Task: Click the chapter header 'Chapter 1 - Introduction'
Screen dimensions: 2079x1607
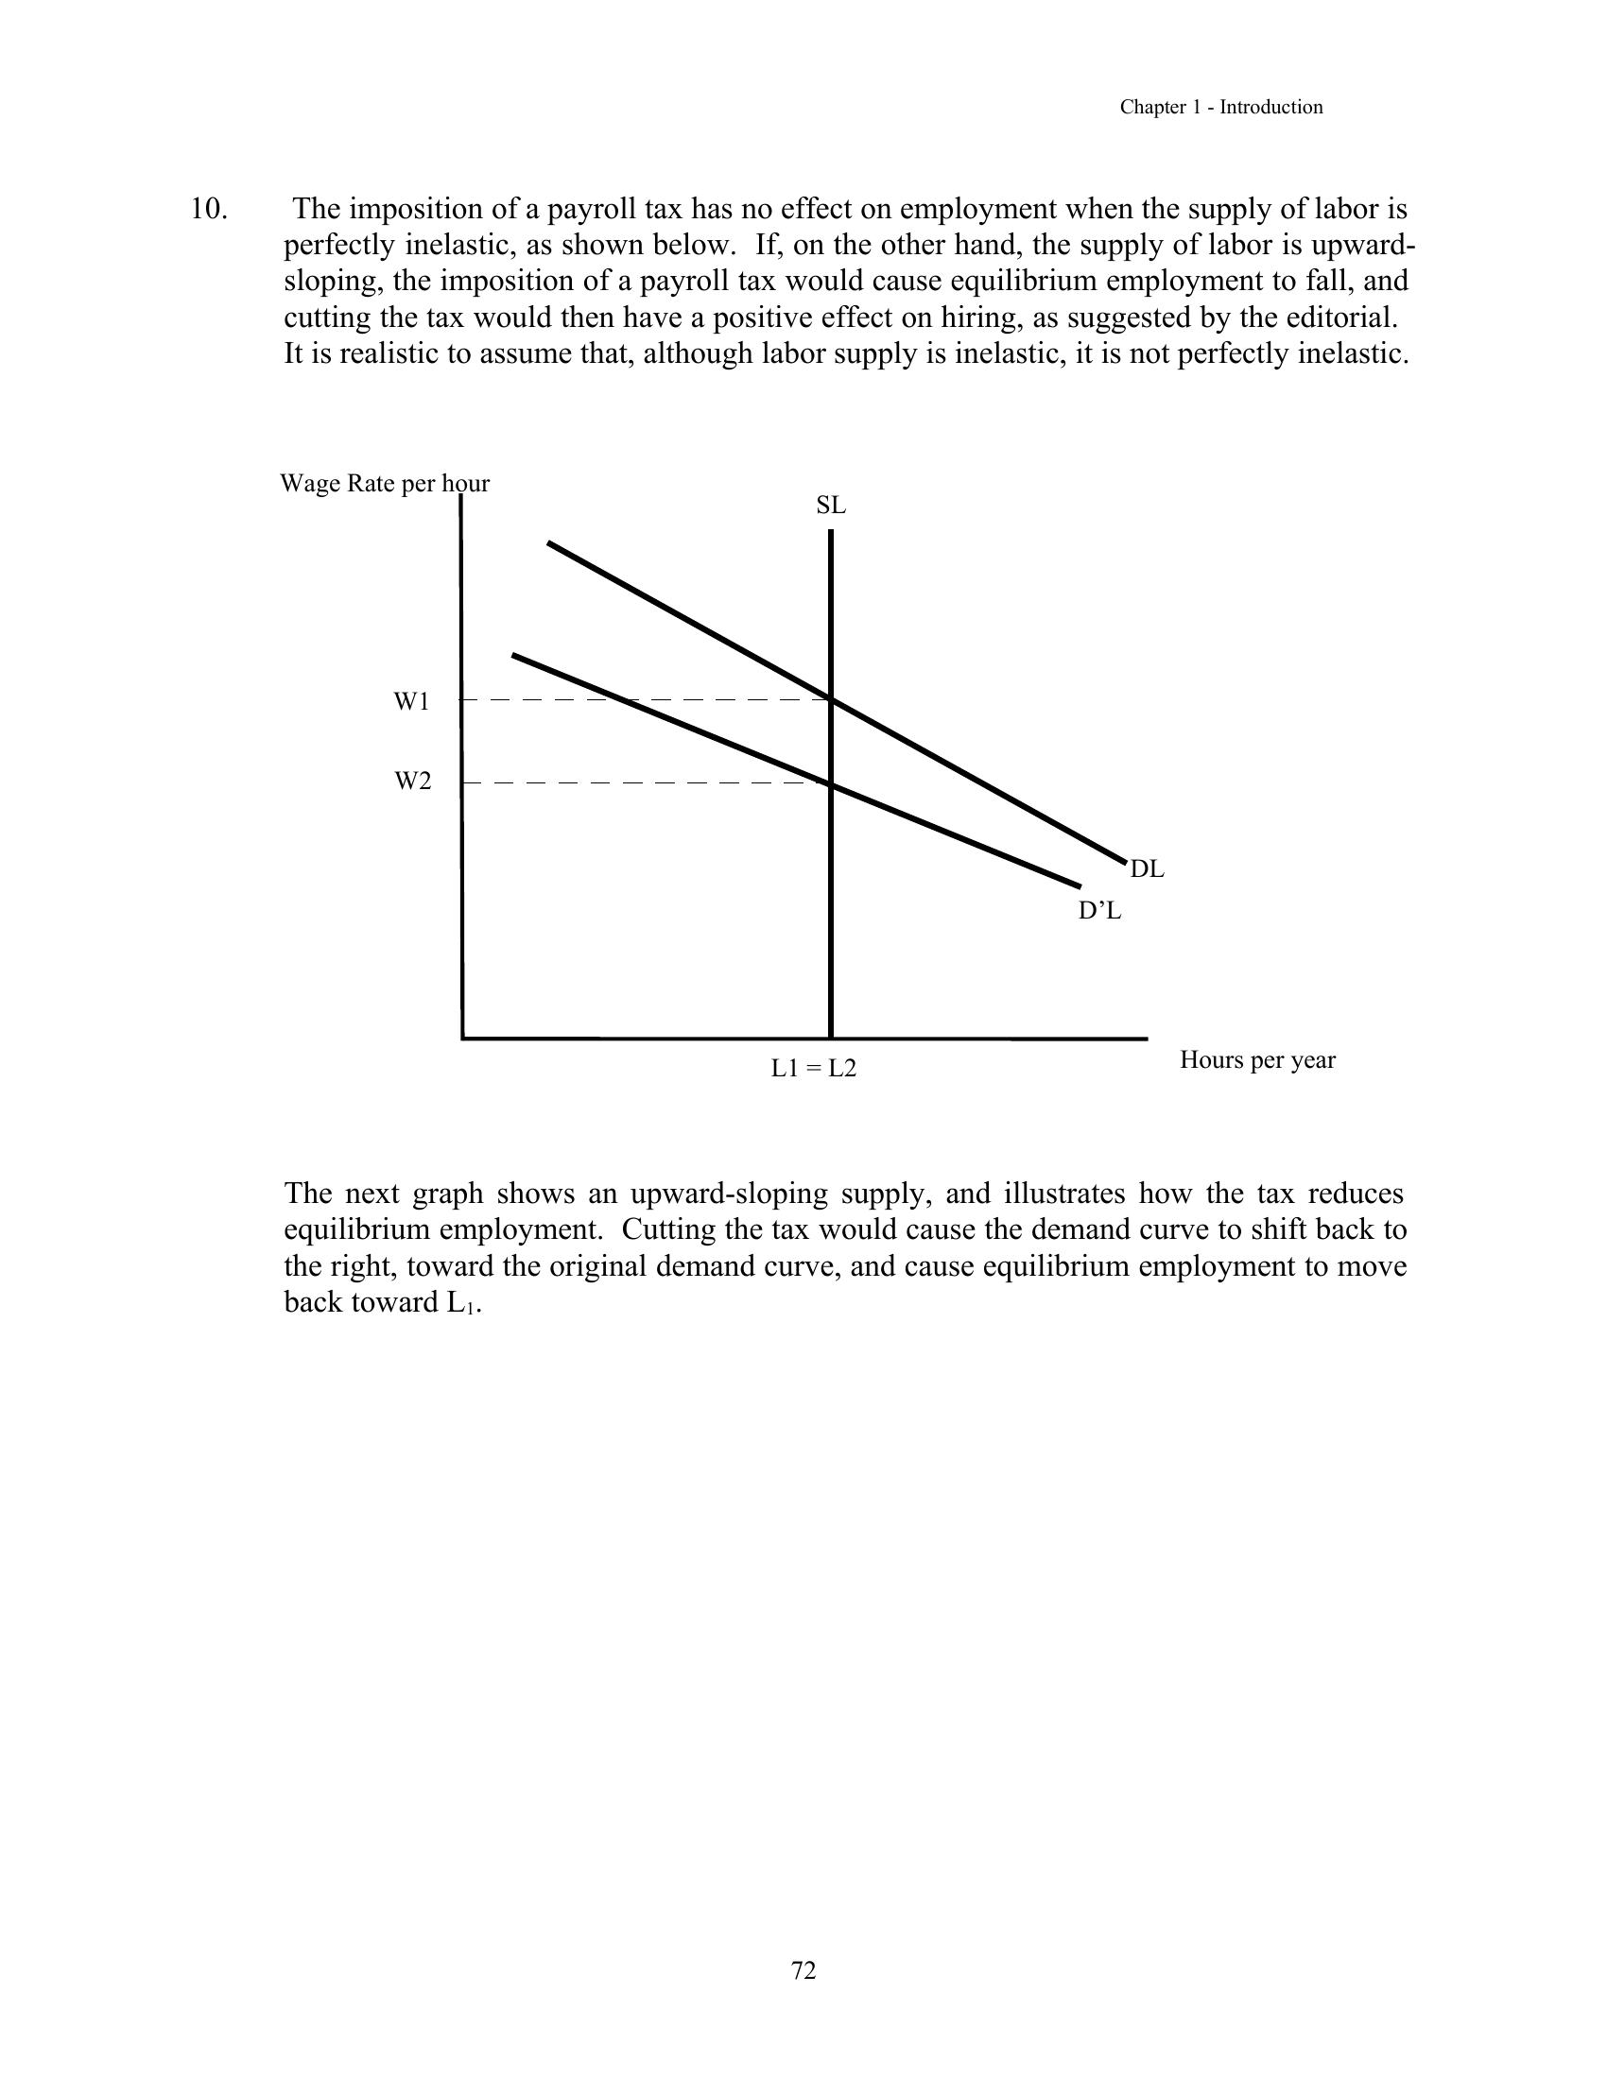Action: coord(1220,108)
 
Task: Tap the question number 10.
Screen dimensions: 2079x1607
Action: coord(209,209)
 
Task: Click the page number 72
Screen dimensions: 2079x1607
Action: coord(803,1969)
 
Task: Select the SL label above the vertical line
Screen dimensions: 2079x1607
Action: coord(831,506)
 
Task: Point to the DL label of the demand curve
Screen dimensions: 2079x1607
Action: coord(1148,869)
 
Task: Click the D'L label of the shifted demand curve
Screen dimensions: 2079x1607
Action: coord(1099,911)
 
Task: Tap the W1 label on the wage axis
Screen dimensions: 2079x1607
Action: coord(412,702)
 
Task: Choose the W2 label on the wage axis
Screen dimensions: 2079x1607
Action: coord(413,782)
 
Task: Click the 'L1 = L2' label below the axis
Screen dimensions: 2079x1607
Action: coord(814,1069)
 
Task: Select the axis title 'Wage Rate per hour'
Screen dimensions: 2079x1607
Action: coord(385,484)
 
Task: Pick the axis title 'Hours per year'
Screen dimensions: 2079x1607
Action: coord(1257,1059)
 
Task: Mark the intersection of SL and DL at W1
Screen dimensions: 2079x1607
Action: coord(831,700)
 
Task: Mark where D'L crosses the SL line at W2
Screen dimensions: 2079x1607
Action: coord(831,783)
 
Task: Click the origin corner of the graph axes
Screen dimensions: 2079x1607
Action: coord(462,1038)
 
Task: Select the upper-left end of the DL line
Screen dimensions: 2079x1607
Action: coord(548,542)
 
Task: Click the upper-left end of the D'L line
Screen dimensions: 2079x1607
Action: coord(513,655)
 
